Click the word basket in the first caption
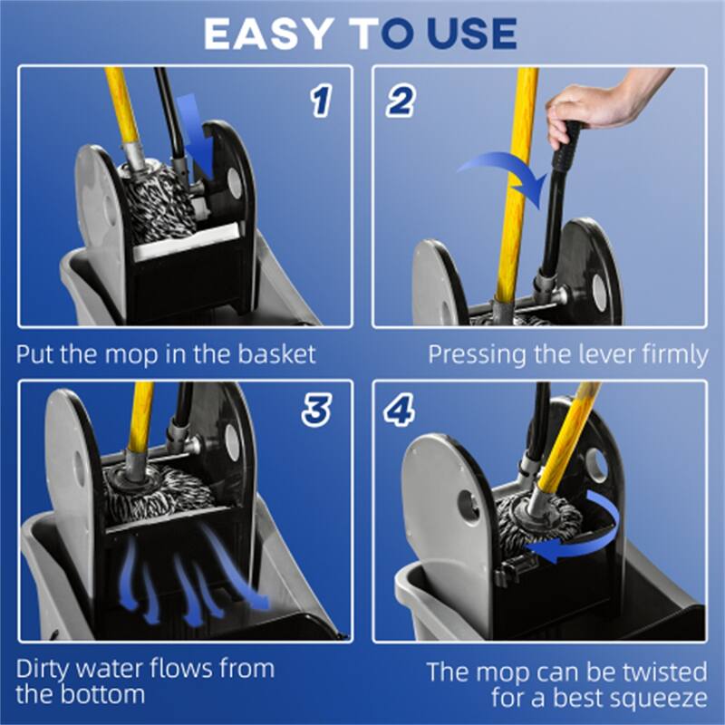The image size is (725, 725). pos(273,353)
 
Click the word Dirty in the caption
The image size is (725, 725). pos(46,670)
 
